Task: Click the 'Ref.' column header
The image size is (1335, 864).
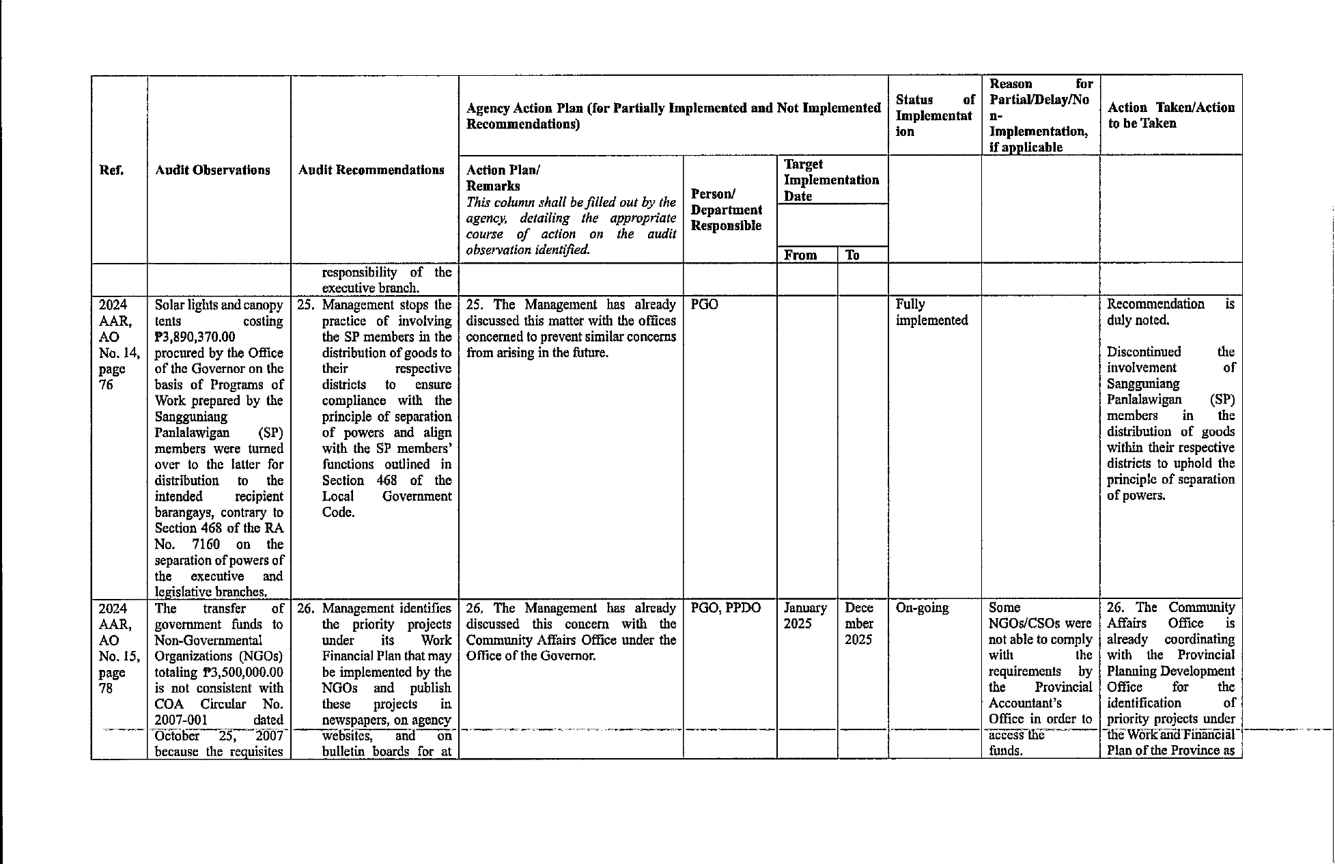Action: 111,170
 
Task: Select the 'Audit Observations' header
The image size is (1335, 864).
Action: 212,170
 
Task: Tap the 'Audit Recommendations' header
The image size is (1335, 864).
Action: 371,170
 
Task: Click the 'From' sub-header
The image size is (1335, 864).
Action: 800,255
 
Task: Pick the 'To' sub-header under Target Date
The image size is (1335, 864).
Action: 852,255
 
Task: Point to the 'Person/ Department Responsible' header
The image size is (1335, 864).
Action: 726,210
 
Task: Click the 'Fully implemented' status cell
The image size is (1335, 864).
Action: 931,312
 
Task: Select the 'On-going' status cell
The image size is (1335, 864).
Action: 922,608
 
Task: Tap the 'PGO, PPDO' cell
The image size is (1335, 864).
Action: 726,608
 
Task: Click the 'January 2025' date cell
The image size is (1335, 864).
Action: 805,616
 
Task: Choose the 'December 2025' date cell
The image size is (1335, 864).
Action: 859,624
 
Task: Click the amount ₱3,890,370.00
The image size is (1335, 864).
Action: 195,337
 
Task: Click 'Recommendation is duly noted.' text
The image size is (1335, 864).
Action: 1170,312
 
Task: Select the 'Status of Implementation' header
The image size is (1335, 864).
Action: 934,115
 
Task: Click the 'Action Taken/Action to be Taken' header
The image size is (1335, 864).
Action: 1170,115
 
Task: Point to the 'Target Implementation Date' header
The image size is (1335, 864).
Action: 831,180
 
